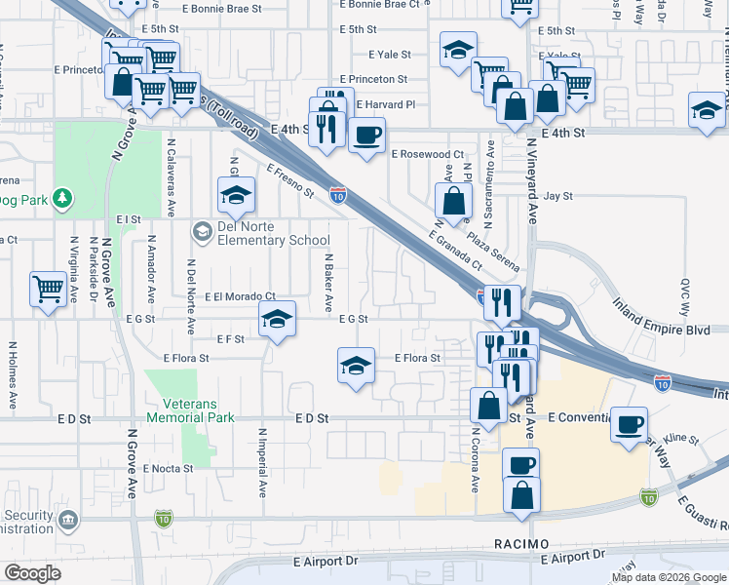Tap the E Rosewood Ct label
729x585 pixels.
coord(427,154)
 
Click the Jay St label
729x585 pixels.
coord(557,196)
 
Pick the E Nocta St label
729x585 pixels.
coord(169,468)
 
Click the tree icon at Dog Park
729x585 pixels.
coord(62,199)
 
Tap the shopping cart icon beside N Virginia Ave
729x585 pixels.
coord(48,290)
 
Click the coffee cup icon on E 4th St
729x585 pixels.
coord(366,136)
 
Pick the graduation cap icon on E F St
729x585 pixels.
coord(277,319)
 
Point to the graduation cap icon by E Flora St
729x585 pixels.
coord(356,366)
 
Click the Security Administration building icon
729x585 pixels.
coord(68,521)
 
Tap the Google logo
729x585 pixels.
coord(33,573)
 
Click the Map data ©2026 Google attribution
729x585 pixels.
coord(668,577)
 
